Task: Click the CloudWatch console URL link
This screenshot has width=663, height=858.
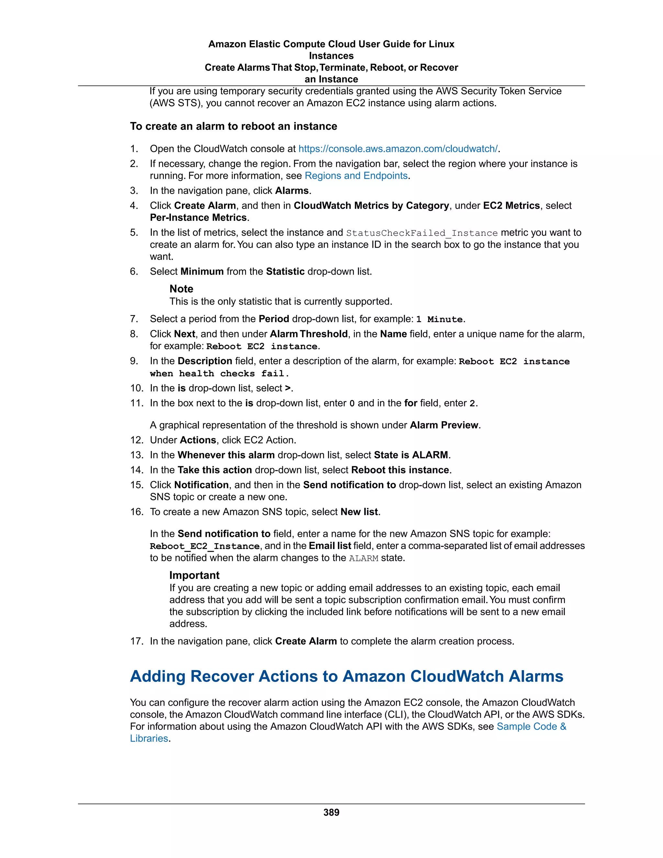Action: (398, 149)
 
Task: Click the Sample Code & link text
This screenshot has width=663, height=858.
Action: (532, 727)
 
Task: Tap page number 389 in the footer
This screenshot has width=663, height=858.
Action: (331, 812)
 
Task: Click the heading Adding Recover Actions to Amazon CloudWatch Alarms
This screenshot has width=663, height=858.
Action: (346, 676)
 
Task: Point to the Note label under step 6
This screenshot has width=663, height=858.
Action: (181, 289)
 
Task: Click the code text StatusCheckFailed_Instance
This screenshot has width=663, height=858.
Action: (421, 233)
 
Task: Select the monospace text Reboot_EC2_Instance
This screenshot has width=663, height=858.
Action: (205, 546)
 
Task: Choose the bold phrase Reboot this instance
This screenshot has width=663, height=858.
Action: (400, 470)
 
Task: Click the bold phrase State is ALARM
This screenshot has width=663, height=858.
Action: (411, 455)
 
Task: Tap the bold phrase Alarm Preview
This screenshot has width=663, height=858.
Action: (444, 425)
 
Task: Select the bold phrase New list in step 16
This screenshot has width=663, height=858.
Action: (359, 512)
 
